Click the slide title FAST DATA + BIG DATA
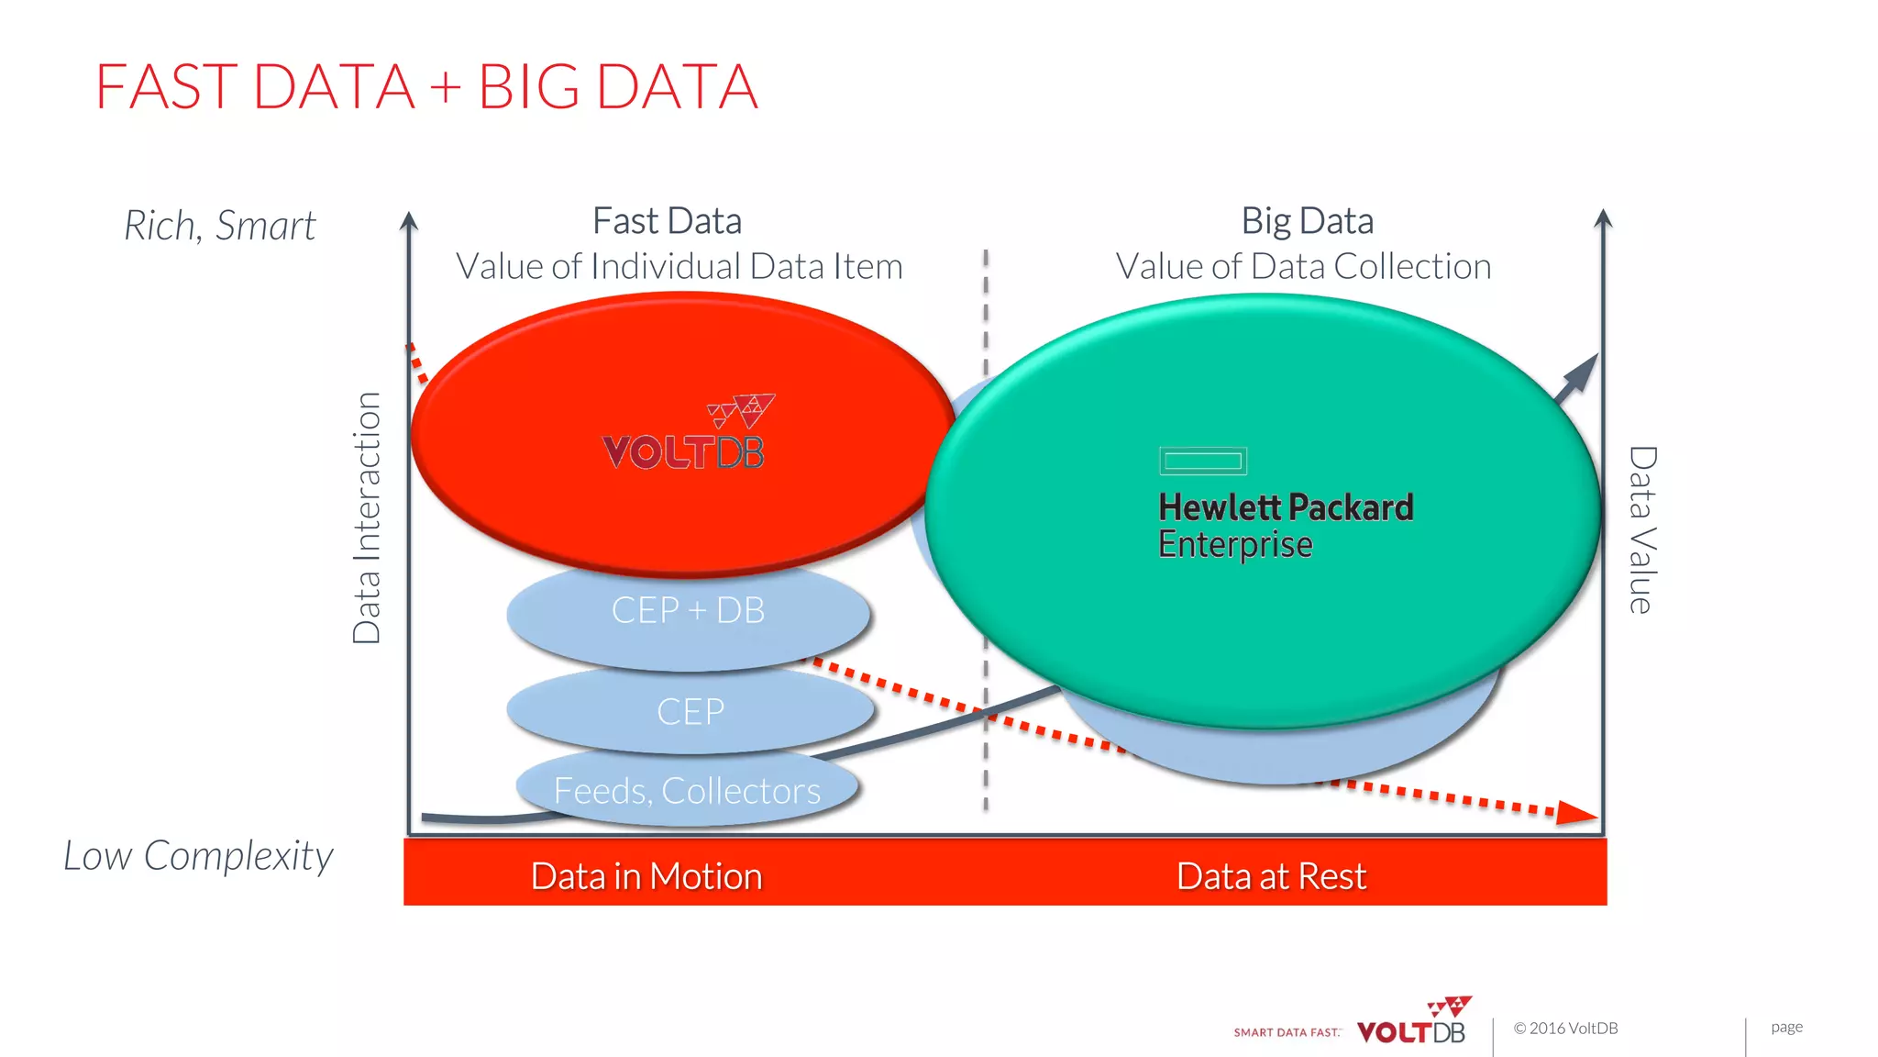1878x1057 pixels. (x=426, y=87)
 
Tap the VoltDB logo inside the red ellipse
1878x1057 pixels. (x=686, y=435)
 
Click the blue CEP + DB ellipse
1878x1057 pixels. (x=688, y=611)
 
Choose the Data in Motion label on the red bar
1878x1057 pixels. (x=646, y=876)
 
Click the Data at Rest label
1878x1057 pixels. (x=1271, y=876)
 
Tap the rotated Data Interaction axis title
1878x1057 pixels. (x=367, y=518)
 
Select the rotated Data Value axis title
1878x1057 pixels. (x=1641, y=530)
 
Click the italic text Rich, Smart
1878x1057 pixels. (x=220, y=226)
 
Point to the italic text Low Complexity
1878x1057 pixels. (x=198, y=856)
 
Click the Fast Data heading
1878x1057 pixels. (x=667, y=221)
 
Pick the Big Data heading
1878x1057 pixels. (x=1307, y=221)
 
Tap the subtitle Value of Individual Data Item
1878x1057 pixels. (x=679, y=267)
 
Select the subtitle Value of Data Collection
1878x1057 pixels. (x=1303, y=267)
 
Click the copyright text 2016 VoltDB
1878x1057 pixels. (x=1565, y=1029)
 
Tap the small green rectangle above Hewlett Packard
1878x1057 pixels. (x=1202, y=461)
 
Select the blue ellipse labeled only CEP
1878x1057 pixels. (x=690, y=712)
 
